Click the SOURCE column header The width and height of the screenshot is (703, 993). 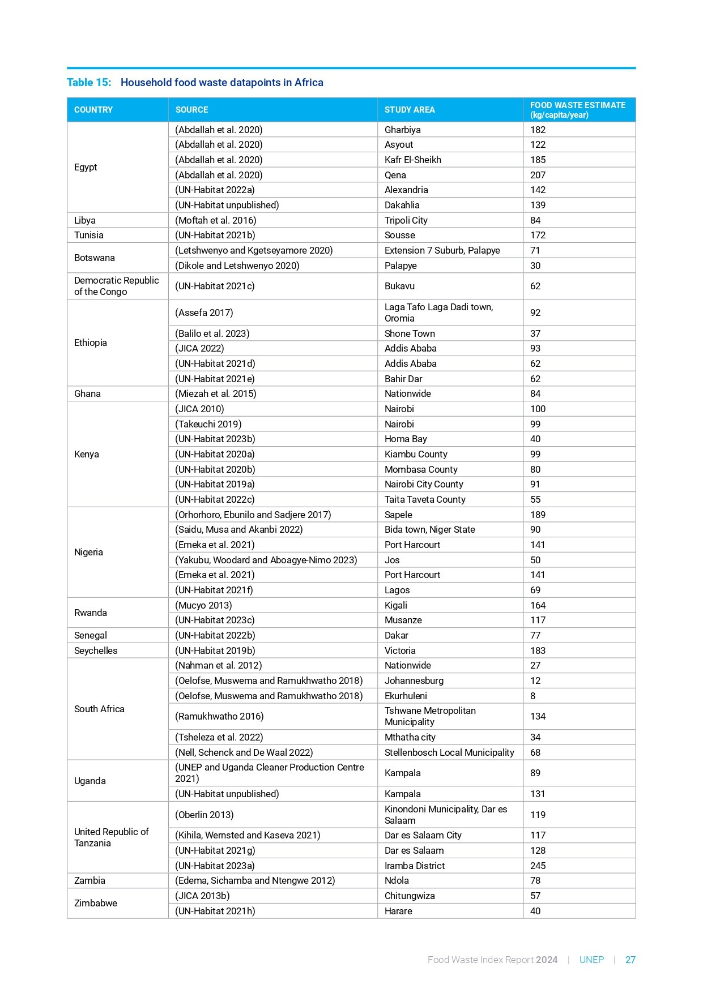(191, 110)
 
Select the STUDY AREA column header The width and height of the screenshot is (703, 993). (410, 110)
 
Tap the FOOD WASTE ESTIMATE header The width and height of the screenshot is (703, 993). (577, 110)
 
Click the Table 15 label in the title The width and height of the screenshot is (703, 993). (89, 83)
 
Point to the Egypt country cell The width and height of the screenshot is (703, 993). (86, 168)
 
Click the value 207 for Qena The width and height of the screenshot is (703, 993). (538, 175)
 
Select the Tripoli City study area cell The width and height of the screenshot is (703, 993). (406, 220)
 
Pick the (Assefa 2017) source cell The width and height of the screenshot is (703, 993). (204, 313)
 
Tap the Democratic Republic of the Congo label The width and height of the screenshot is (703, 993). (116, 286)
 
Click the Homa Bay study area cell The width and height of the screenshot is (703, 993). (406, 439)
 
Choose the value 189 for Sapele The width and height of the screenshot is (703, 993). (538, 515)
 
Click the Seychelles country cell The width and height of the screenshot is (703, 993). (96, 650)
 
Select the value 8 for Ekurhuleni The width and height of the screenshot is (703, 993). (532, 696)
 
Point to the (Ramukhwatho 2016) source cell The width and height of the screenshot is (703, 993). (219, 716)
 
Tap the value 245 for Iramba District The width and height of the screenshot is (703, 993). (538, 866)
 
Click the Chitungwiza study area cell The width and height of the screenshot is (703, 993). (410, 896)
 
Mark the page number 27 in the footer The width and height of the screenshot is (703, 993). (630, 960)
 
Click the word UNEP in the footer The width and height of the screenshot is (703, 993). (591, 960)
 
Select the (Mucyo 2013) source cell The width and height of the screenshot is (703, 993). (203, 605)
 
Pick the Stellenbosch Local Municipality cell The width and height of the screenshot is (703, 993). (449, 752)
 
